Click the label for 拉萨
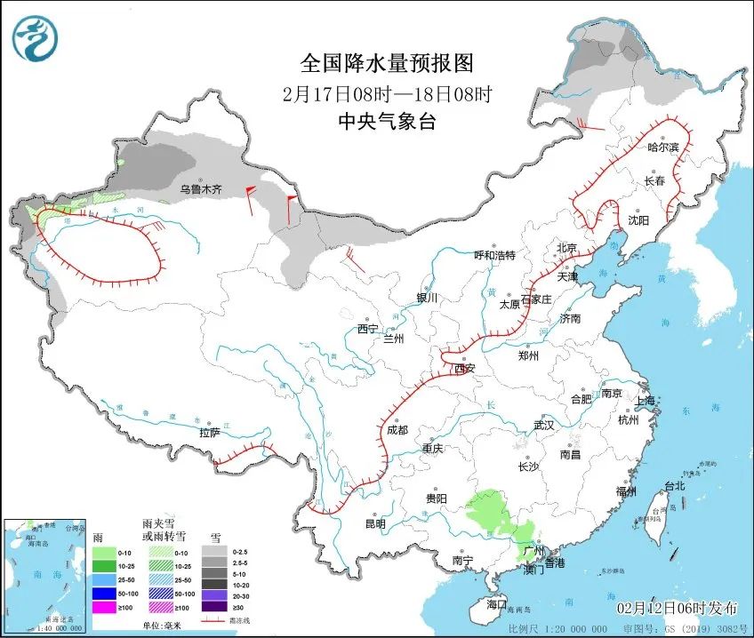click(x=209, y=433)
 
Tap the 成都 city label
click(x=397, y=430)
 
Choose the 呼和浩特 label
click(x=494, y=256)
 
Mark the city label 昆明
click(x=374, y=523)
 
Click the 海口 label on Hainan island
click(x=496, y=604)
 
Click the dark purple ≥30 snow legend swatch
click(x=213, y=607)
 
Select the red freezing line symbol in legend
click(x=213, y=621)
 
